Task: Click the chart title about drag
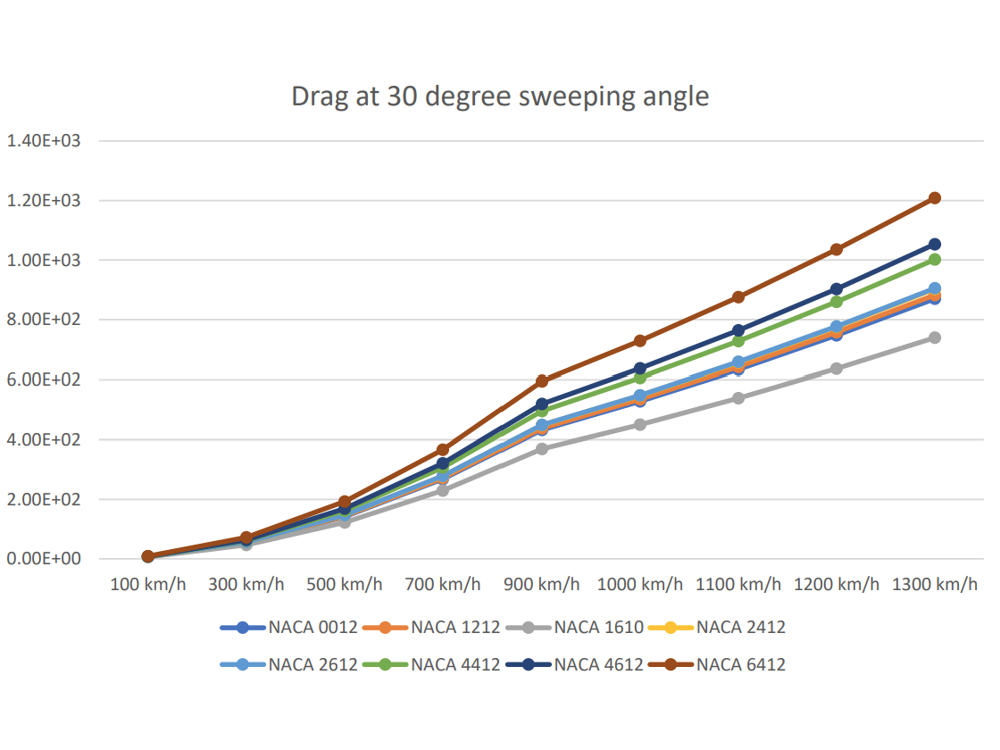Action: (x=500, y=96)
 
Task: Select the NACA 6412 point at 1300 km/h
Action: (x=935, y=197)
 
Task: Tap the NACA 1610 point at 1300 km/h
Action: (x=935, y=337)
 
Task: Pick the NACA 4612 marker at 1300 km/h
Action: (x=935, y=244)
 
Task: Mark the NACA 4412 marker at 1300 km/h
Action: (x=935, y=259)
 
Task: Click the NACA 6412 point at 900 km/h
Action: (x=542, y=380)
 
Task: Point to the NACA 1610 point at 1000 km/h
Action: (x=640, y=424)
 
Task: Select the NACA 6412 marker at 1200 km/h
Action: (x=837, y=249)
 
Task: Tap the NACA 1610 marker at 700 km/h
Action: (x=443, y=490)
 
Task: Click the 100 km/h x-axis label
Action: (x=148, y=585)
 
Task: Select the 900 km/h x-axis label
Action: (x=542, y=585)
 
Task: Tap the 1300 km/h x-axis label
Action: (x=935, y=585)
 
